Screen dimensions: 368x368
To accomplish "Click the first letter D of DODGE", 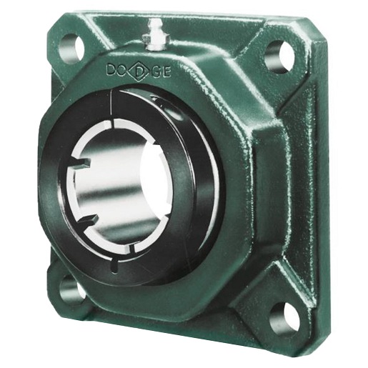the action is click(x=111, y=69).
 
